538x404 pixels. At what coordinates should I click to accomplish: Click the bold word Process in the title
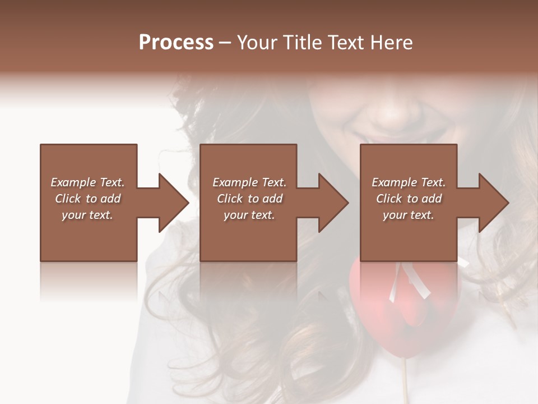pos(176,43)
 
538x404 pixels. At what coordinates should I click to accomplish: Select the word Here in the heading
pos(390,43)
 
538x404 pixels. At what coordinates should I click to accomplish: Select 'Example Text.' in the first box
pos(87,182)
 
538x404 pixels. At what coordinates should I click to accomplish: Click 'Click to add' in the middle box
pos(249,199)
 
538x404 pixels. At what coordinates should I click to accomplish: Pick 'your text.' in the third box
pos(409,215)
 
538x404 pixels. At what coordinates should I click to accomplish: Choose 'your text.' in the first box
pos(87,215)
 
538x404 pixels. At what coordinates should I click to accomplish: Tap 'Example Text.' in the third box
pos(409,182)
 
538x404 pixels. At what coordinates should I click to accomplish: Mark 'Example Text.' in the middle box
pos(249,182)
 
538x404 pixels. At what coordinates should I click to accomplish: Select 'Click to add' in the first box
pos(87,199)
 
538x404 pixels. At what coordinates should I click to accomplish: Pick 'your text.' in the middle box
pos(249,215)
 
